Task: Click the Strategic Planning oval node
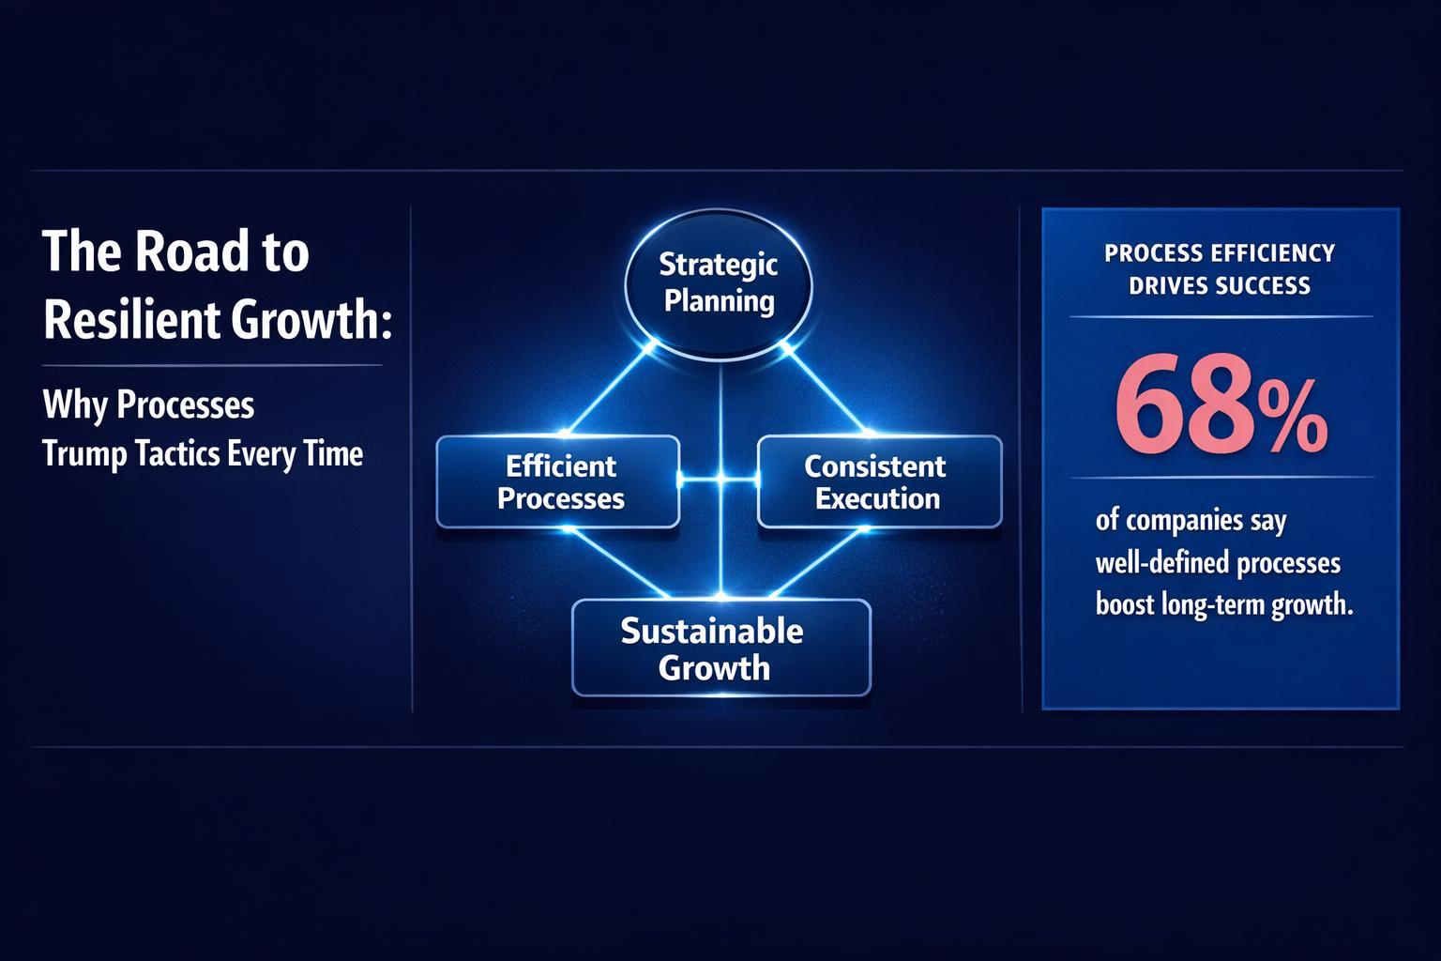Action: tap(718, 283)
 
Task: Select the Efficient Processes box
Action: tap(558, 481)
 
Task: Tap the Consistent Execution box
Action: tap(879, 481)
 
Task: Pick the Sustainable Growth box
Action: tap(720, 648)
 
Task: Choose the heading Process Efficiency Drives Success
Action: tap(1220, 268)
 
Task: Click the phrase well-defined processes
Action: tap(1218, 562)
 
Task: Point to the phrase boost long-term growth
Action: tap(1223, 604)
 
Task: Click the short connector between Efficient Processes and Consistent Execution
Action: tap(719, 480)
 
